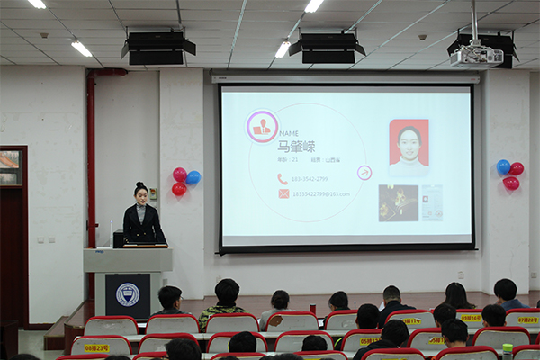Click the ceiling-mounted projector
(x=476, y=56)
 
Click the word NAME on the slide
(x=288, y=133)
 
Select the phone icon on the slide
(x=283, y=179)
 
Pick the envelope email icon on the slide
(x=283, y=193)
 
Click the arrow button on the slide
(x=364, y=173)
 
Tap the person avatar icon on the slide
(x=262, y=127)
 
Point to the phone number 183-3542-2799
(x=310, y=179)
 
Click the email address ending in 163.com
(x=320, y=193)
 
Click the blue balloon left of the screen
(x=193, y=177)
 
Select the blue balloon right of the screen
(x=503, y=166)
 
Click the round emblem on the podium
(x=128, y=294)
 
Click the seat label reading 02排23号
(x=96, y=347)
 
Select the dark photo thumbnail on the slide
(x=398, y=203)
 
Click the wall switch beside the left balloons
(x=153, y=192)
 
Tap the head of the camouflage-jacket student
(x=227, y=290)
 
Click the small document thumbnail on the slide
(x=432, y=202)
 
